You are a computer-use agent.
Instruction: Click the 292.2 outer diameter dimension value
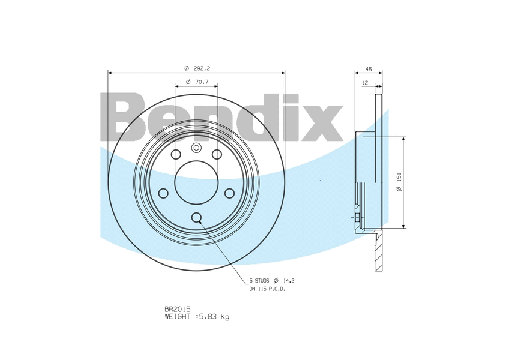coord(202,68)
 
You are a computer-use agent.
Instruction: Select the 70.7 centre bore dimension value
coord(202,82)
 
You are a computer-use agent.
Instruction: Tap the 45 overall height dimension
coord(369,69)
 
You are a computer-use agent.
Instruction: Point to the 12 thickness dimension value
coord(365,83)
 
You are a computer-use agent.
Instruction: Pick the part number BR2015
coord(177,309)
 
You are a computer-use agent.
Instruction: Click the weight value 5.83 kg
coord(214,317)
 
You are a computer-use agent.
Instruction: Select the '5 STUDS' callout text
coord(259,280)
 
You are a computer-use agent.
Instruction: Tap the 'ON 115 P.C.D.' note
coord(267,289)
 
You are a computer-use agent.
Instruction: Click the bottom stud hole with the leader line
coord(196,217)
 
